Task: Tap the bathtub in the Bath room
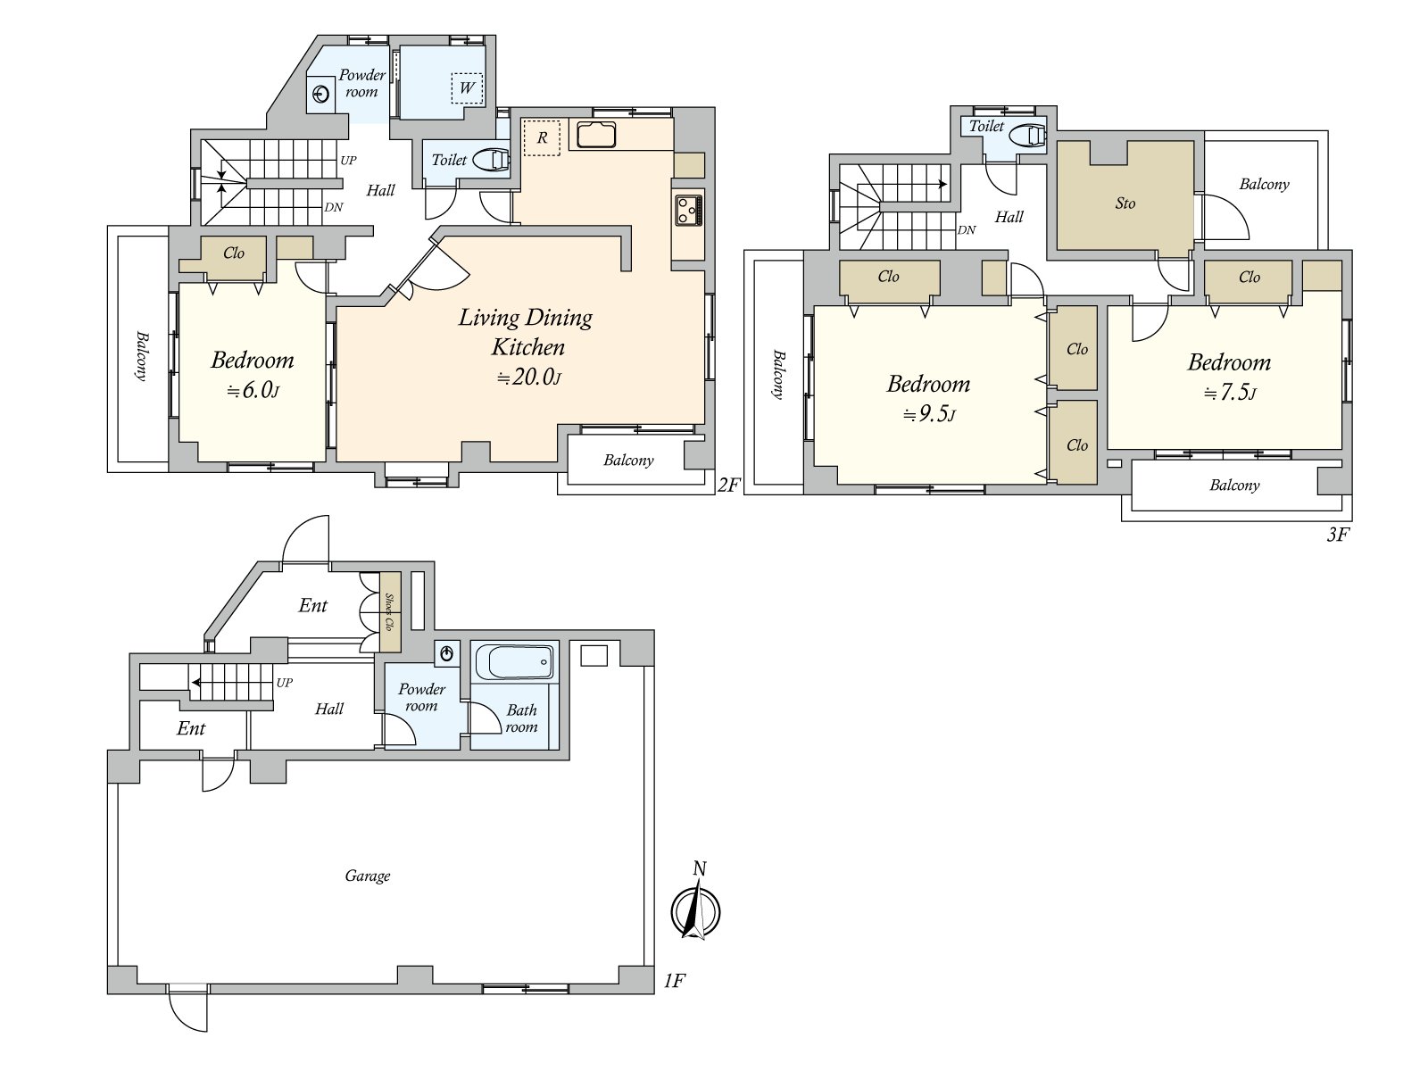[514, 662]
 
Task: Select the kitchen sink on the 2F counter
[596, 134]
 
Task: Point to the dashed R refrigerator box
[541, 137]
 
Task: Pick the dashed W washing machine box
[467, 87]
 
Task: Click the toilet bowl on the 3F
[1028, 136]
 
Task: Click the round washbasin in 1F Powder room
[447, 653]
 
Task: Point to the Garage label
[368, 876]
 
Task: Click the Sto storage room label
[1125, 203]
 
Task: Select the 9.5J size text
[928, 413]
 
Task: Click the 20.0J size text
[528, 377]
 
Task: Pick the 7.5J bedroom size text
[1229, 393]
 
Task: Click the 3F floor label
[1338, 535]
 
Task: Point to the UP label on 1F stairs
[285, 683]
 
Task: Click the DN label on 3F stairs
[966, 229]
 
